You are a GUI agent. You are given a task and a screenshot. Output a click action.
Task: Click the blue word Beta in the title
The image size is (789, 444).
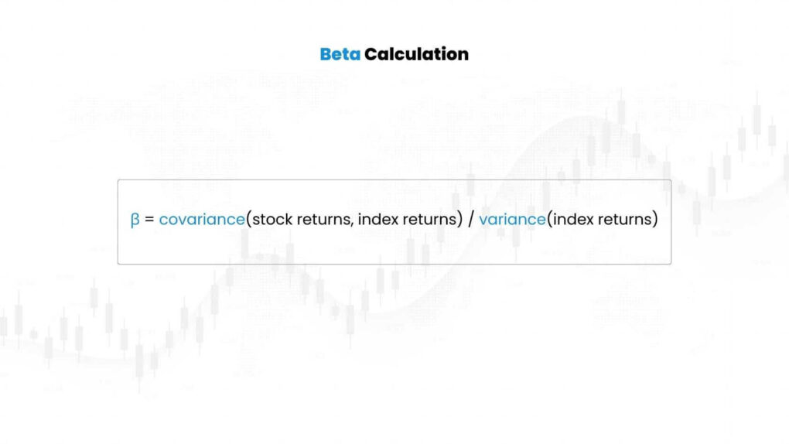click(340, 54)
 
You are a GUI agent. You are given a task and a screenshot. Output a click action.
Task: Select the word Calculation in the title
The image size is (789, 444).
click(416, 54)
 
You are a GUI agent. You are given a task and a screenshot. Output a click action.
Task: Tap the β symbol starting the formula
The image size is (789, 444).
click(135, 220)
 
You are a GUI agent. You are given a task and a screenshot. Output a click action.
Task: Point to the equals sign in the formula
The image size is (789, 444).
click(149, 220)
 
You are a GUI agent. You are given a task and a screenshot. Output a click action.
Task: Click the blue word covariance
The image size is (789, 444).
click(202, 220)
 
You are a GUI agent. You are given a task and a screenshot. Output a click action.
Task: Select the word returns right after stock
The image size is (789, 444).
click(324, 220)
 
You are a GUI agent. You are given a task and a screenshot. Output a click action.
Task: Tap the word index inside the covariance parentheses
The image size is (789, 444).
click(379, 220)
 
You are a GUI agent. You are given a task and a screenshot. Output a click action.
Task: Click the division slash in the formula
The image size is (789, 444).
click(470, 220)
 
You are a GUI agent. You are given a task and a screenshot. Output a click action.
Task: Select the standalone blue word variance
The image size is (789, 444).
click(512, 220)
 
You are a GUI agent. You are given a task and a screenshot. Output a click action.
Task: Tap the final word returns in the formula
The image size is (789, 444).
click(623, 220)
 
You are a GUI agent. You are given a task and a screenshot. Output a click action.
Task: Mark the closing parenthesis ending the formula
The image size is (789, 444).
click(655, 220)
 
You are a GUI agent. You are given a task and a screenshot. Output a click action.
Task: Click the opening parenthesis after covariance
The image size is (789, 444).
click(249, 220)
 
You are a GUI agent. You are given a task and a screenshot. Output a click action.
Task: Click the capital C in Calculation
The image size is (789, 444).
click(371, 54)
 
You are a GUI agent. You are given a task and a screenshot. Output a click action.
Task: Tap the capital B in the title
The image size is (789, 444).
click(326, 54)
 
